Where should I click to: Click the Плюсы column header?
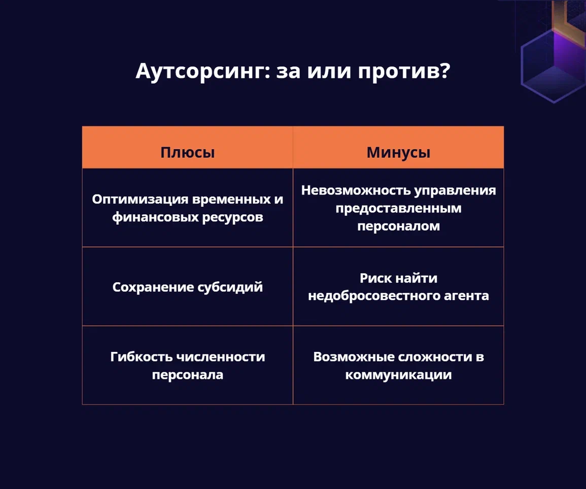pyautogui.click(x=188, y=152)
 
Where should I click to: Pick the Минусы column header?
pyautogui.click(x=398, y=153)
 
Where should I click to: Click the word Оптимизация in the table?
pyautogui.click(x=140, y=200)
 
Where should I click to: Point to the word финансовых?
pyautogui.click(x=155, y=217)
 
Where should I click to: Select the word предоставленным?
pyautogui.click(x=398, y=208)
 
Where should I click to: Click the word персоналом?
pyautogui.click(x=398, y=226)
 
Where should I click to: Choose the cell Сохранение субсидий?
pyautogui.click(x=188, y=287)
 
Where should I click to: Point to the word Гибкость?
pyautogui.click(x=142, y=356)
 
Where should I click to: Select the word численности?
pyautogui.click(x=221, y=357)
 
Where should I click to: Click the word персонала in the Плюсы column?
pyautogui.click(x=188, y=375)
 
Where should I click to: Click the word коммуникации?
pyautogui.click(x=398, y=375)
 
